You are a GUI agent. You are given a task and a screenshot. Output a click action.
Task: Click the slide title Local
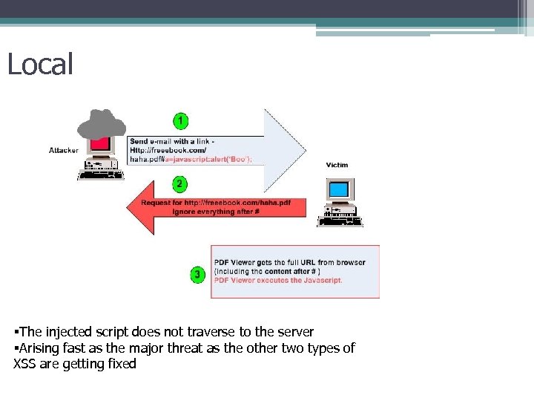coord(40,64)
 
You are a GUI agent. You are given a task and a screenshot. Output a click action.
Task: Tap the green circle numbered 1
coord(180,120)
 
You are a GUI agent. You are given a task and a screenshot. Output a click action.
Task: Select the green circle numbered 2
coord(180,183)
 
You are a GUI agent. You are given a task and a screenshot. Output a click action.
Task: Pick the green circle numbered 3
coord(197,276)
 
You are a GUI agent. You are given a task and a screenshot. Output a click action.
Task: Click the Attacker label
coord(64,150)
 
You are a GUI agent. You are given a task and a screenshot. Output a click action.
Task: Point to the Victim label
coord(337,165)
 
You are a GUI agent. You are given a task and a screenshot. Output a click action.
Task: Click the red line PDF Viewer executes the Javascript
coord(278,281)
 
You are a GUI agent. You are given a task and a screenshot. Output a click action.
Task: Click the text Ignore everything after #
coord(215,212)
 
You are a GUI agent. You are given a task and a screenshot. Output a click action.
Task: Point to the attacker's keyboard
coord(99,175)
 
